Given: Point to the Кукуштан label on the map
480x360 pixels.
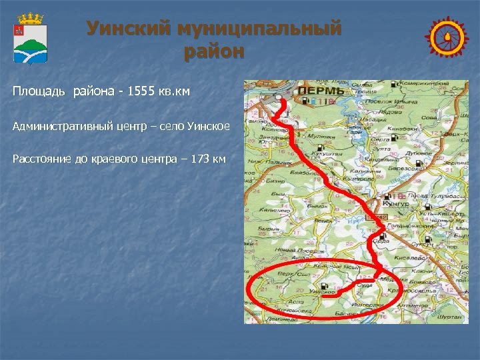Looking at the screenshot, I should tap(325, 153).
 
